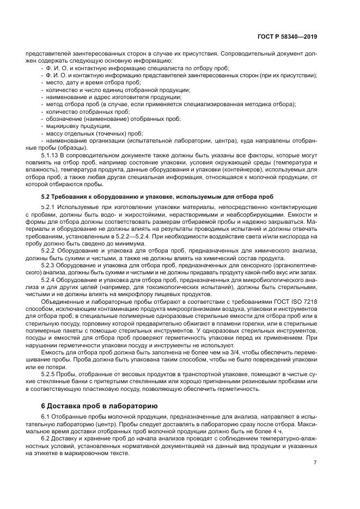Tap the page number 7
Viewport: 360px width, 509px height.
315,462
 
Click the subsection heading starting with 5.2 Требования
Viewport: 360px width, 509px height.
157,196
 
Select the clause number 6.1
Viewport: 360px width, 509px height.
45,416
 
